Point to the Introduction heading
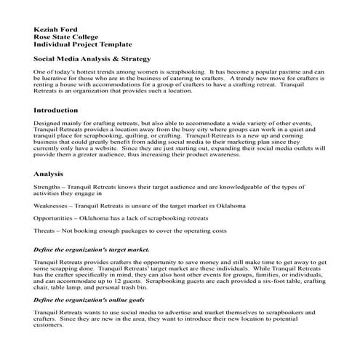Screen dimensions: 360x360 56,110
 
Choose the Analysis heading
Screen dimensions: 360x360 48,175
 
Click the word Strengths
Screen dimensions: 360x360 48,188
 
